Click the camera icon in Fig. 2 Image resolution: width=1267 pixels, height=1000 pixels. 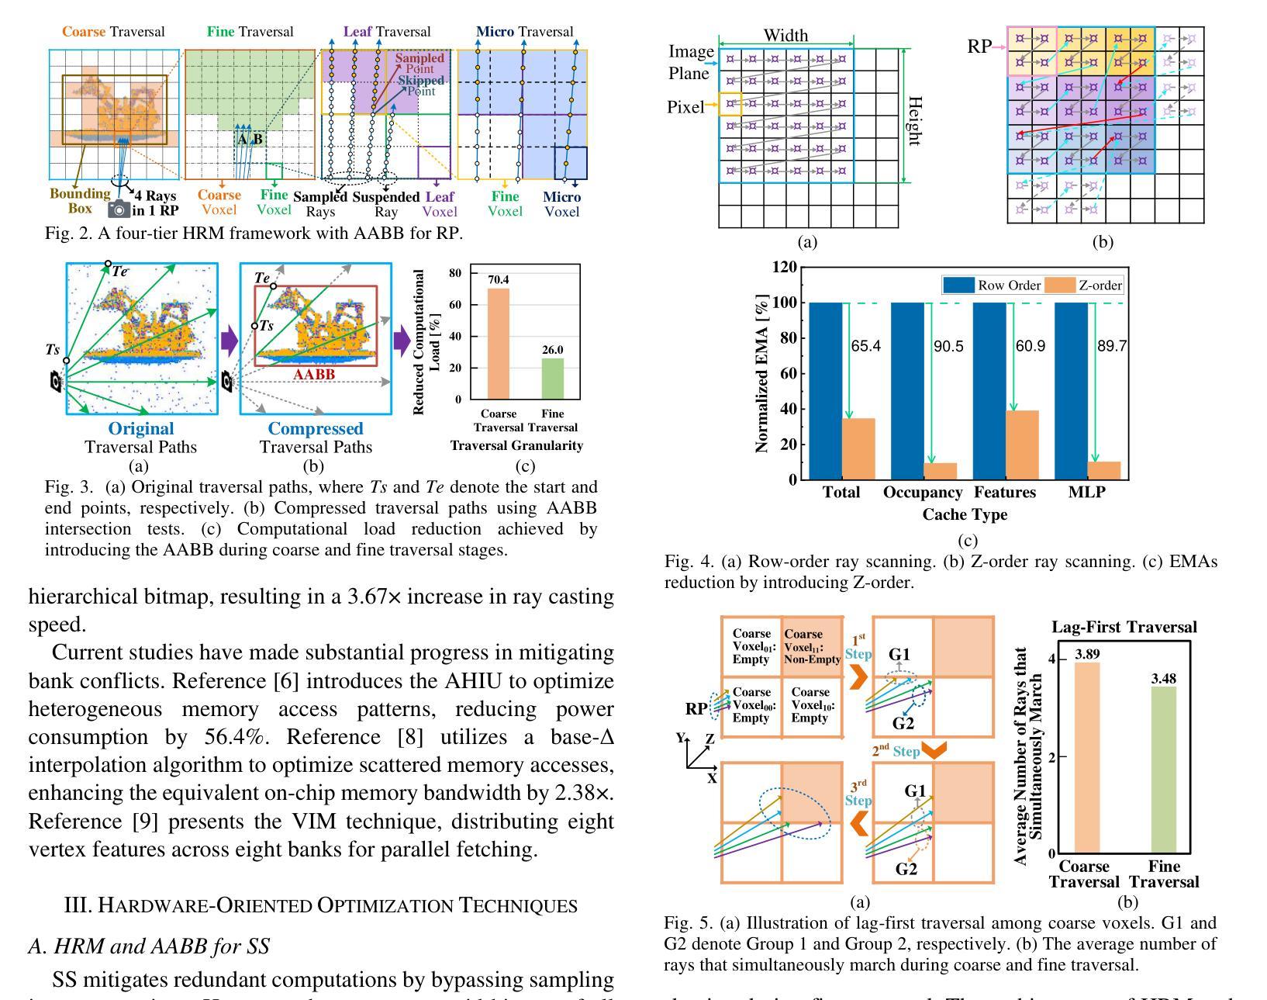[x=119, y=208]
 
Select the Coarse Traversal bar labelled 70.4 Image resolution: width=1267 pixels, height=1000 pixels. [x=499, y=344]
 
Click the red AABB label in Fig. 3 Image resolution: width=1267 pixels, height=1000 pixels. [x=314, y=374]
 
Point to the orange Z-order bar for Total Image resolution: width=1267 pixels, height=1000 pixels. [x=858, y=448]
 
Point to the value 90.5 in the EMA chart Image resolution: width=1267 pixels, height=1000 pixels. [x=948, y=346]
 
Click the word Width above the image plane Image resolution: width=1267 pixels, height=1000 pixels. [x=785, y=36]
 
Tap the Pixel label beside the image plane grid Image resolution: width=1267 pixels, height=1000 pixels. [x=685, y=107]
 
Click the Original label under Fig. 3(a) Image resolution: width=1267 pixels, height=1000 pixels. [x=141, y=428]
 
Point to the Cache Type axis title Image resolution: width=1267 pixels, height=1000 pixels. [x=965, y=514]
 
